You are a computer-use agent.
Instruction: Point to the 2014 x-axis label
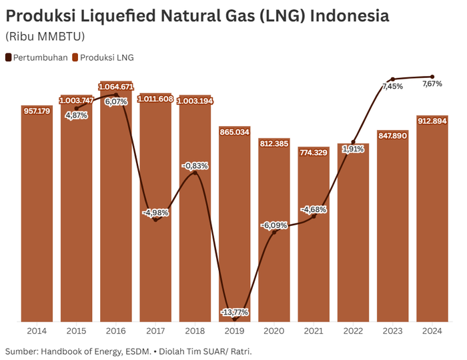[37, 331]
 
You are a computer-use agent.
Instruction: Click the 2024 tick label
[432, 331]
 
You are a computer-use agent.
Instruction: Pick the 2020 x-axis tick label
[274, 331]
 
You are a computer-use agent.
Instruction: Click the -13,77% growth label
[234, 312]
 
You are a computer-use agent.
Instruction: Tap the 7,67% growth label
[432, 84]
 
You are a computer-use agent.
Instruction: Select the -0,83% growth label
[195, 165]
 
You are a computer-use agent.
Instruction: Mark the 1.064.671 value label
[116, 87]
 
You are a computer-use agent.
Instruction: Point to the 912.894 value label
[432, 121]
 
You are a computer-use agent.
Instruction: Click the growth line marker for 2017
[155, 219]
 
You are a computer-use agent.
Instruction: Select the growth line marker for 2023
[392, 79]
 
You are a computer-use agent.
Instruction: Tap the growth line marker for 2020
[274, 231]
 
